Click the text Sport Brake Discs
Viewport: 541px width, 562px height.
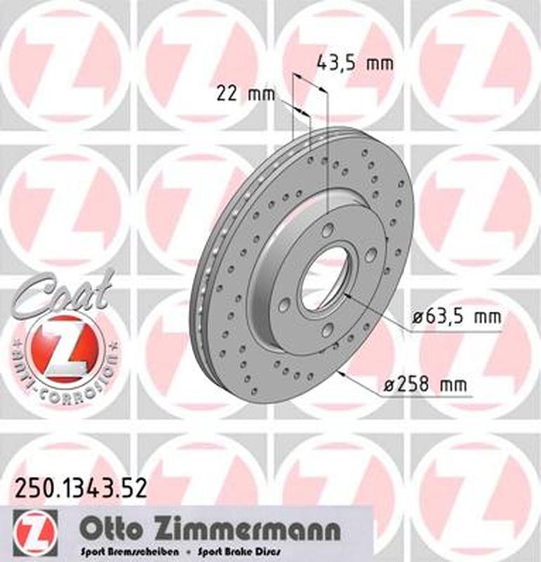click(244, 551)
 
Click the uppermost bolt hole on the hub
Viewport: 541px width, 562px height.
click(327, 230)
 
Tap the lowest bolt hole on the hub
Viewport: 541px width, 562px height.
click(327, 331)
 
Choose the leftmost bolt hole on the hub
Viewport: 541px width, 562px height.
click(284, 303)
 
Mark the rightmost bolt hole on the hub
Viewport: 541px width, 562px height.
click(370, 254)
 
